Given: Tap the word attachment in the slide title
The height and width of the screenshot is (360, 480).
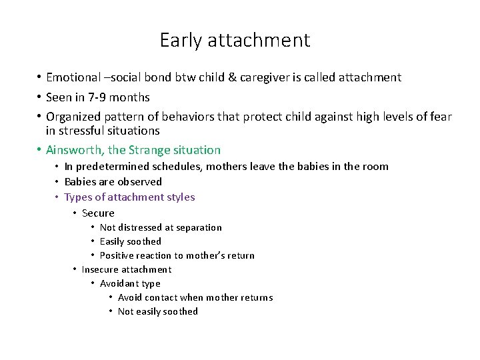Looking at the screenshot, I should click(x=259, y=41).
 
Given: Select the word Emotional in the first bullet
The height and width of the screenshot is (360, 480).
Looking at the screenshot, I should click(x=73, y=77).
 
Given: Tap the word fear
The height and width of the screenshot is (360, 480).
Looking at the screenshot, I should click(x=439, y=117).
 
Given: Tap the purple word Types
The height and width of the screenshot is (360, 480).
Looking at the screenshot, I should click(x=79, y=197).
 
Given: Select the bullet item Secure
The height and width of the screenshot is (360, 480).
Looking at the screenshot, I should click(x=98, y=213).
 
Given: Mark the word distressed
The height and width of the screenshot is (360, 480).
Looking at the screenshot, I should click(x=141, y=227).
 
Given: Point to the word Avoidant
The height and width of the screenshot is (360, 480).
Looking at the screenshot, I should click(x=119, y=283).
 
